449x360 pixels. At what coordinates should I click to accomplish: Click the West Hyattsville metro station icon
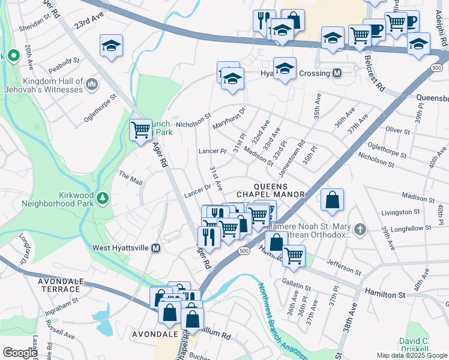tap(156, 248)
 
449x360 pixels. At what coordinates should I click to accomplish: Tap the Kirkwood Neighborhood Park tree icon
tap(103, 197)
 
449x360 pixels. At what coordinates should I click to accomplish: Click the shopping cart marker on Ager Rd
tap(140, 129)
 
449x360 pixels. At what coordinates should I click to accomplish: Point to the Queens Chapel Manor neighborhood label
tap(271, 190)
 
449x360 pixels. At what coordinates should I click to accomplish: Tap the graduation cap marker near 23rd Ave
tap(111, 46)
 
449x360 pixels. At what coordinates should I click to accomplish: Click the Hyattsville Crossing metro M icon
tap(337, 73)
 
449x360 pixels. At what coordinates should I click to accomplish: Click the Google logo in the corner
tap(20, 353)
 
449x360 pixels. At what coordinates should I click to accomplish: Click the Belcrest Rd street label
tap(374, 74)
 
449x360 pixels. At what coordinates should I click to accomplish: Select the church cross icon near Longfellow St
tap(360, 229)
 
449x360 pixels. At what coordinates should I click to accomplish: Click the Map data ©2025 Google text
tap(411, 355)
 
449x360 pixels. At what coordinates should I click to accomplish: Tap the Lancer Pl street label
tap(211, 151)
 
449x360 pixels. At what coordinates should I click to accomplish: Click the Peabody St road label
tap(65, 61)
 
